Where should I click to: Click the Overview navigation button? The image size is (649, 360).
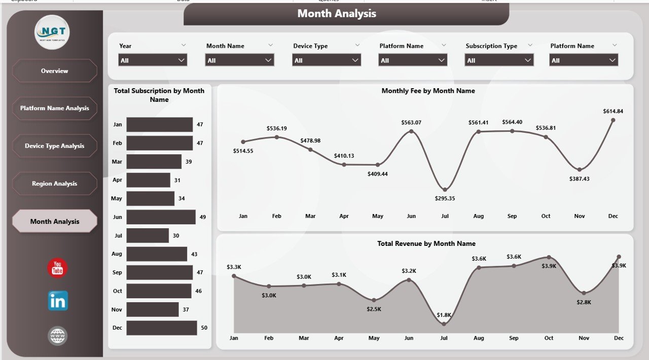click(55, 71)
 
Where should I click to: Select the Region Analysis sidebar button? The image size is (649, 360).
click(55, 184)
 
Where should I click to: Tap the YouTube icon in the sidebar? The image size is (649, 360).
click(57, 268)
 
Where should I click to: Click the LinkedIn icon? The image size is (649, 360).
click(58, 301)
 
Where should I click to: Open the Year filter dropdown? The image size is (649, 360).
click(153, 60)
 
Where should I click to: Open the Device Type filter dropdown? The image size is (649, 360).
click(327, 60)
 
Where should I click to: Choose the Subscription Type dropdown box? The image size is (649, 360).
click(499, 60)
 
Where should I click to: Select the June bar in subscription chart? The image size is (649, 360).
click(161, 217)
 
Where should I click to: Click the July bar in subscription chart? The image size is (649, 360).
click(148, 235)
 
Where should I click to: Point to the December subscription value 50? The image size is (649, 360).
click(204, 328)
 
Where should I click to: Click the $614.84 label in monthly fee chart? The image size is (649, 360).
click(613, 111)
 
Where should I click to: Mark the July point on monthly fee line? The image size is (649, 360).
click(445, 190)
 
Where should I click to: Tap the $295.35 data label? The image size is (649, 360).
click(445, 198)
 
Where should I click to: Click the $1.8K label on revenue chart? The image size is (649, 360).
click(444, 315)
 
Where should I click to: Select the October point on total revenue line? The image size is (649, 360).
click(549, 258)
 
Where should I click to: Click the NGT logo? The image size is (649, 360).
click(52, 32)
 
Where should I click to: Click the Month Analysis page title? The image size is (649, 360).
click(337, 14)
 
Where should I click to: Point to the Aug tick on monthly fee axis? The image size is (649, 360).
click(478, 216)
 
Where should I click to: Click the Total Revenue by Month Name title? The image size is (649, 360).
click(426, 243)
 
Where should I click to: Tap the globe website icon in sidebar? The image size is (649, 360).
click(57, 336)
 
